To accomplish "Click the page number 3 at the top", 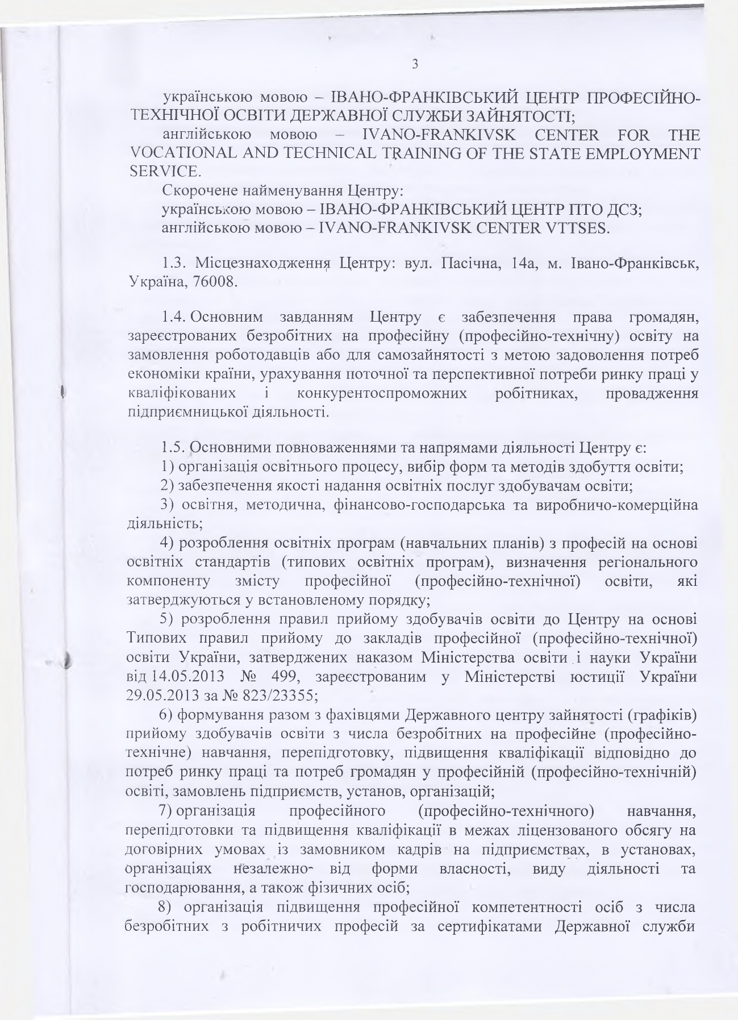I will [x=415, y=64].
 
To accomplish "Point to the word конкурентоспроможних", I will [x=382, y=393].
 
